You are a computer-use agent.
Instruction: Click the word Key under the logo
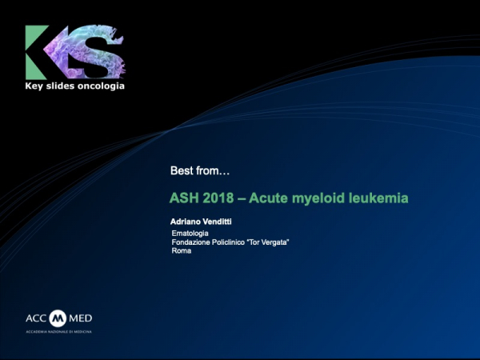coord(37,85)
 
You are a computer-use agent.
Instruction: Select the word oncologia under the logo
coord(100,85)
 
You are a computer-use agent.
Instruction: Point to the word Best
coord(182,170)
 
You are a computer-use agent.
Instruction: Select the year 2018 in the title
coord(221,197)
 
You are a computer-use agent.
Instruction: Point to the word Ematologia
coord(190,233)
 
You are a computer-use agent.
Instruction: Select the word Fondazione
coord(193,242)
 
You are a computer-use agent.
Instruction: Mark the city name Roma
coord(181,251)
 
